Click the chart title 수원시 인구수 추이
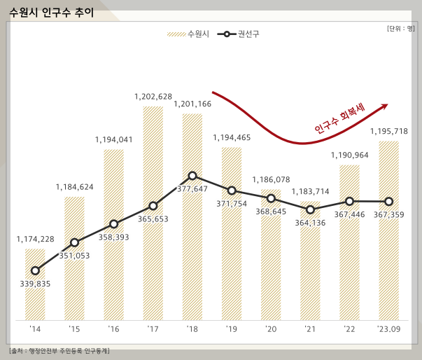point(51,13)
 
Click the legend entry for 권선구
point(238,34)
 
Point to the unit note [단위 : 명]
point(400,28)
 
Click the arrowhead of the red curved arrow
point(384,106)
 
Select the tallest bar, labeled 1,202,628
point(153,214)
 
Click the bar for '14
point(35,284)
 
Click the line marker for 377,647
point(192,176)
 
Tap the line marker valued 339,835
point(35,270)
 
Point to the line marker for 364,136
point(310,209)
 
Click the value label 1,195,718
point(388,132)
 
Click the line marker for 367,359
point(388,202)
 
